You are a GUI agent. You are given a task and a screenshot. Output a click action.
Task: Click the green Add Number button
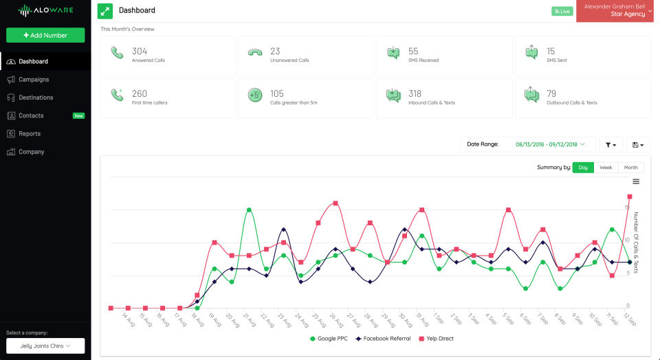[45, 35]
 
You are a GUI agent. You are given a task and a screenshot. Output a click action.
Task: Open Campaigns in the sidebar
[34, 80]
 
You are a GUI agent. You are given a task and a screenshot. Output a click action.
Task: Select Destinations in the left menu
[36, 98]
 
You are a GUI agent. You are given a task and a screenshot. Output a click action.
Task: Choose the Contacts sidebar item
[31, 115]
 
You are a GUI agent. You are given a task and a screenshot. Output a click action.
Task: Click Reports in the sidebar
[30, 134]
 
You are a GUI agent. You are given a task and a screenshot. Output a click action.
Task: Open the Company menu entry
[31, 152]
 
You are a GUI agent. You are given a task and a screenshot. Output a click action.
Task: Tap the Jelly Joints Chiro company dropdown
[45, 346]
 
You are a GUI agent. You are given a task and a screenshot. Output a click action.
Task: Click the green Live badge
[562, 11]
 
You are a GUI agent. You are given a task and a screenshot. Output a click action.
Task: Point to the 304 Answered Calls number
[140, 52]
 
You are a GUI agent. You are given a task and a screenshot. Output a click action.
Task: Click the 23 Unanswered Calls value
[275, 52]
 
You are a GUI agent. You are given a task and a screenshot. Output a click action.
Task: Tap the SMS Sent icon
[531, 52]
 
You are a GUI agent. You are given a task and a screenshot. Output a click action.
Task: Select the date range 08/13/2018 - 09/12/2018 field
[550, 144]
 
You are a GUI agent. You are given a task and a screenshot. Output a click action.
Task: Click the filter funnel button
[610, 144]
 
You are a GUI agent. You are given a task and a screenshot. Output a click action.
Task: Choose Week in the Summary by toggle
[606, 168]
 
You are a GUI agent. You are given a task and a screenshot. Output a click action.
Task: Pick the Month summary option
[630, 168]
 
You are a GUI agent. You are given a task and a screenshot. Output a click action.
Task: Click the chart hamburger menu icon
[636, 181]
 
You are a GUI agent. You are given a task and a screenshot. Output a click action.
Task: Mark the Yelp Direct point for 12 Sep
[630, 196]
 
